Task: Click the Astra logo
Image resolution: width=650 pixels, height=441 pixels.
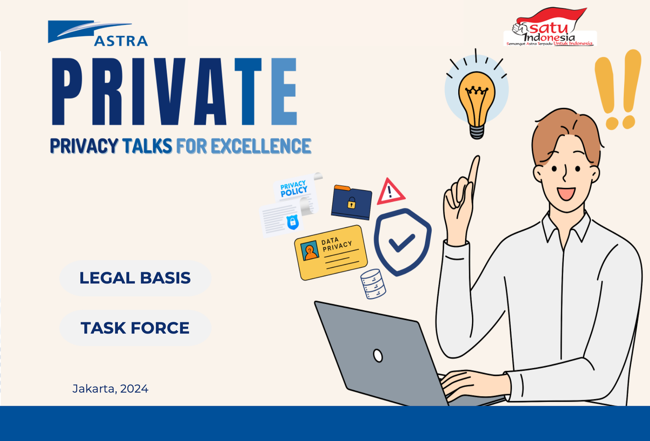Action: click(x=98, y=33)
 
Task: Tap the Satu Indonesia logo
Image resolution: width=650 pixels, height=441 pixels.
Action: click(x=550, y=27)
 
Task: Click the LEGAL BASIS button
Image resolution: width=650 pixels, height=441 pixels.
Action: click(x=135, y=278)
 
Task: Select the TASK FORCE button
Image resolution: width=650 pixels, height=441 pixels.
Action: click(x=135, y=328)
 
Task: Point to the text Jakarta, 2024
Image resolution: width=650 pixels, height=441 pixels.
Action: click(x=110, y=389)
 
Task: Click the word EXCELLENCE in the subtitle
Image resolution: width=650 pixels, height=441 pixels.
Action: click(x=261, y=146)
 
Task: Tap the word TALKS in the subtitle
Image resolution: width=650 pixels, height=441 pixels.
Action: click(x=147, y=146)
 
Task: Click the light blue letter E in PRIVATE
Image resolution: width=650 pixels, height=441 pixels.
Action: click(x=284, y=91)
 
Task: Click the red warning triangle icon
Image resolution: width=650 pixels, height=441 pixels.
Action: click(x=390, y=192)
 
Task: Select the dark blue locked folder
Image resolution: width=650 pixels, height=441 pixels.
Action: click(x=351, y=202)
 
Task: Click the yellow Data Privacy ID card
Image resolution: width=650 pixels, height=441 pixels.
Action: click(x=331, y=253)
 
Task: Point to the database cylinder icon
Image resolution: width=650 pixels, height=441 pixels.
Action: click(x=373, y=284)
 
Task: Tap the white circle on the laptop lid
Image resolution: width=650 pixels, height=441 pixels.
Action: click(x=378, y=356)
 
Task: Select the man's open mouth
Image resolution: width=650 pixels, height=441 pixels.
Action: click(x=566, y=194)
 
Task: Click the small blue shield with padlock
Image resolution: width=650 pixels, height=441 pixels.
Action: click(x=292, y=222)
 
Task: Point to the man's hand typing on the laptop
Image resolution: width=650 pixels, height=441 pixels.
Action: click(x=473, y=385)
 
